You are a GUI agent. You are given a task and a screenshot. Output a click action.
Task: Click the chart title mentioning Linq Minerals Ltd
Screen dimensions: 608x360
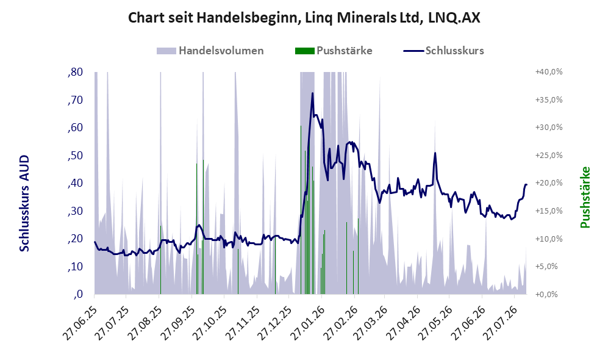304,18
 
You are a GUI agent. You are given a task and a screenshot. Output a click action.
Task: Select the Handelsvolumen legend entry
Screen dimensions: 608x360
210,51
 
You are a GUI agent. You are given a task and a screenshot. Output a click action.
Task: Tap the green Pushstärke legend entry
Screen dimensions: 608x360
334,51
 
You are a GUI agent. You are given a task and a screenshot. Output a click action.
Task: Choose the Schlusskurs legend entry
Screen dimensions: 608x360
443,51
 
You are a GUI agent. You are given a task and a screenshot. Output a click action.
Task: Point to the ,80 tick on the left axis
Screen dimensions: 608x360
75,72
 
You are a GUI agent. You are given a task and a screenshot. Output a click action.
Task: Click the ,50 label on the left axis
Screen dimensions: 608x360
75,156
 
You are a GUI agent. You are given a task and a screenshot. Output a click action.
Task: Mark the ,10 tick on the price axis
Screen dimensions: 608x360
75,267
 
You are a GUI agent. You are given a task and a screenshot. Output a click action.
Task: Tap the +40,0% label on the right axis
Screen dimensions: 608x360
549,72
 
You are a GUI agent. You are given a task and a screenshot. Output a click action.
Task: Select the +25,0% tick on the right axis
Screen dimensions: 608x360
549,155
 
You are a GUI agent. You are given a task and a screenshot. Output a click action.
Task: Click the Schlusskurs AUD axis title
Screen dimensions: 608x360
24,203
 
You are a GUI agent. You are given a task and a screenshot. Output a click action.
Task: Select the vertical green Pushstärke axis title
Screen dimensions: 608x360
585,197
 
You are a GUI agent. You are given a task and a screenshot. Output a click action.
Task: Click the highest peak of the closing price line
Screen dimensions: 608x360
312,93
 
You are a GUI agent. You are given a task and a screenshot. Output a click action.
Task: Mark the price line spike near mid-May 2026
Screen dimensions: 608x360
435,153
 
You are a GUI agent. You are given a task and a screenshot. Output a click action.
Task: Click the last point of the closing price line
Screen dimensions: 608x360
526,185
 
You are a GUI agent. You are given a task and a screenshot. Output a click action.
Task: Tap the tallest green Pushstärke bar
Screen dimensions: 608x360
301,210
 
